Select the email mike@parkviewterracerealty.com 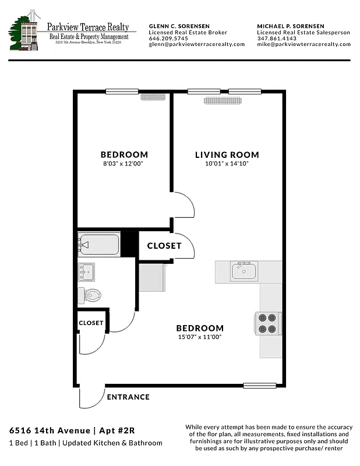303,44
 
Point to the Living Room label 227,155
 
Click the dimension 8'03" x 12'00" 124,165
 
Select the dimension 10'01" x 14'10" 227,165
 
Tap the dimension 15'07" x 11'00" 200,337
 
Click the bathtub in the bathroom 98,244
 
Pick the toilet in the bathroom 90,295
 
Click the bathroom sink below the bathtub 88,271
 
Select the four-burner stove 267,323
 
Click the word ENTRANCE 128,397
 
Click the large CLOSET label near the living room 164,246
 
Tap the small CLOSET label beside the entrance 91,323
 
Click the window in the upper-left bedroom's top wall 122,91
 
